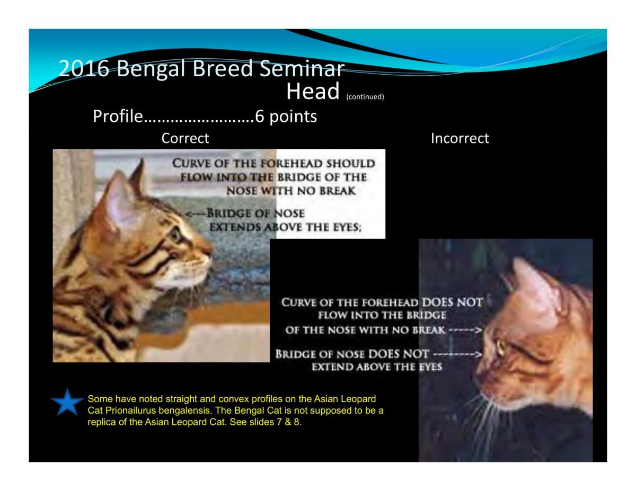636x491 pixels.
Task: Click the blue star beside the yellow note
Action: tap(67, 402)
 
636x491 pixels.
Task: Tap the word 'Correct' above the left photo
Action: tap(185, 138)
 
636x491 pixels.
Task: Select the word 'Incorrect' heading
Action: tap(460, 138)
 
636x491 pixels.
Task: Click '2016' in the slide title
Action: tap(83, 68)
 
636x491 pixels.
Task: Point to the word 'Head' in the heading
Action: tap(313, 91)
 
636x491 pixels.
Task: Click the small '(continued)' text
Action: tap(365, 96)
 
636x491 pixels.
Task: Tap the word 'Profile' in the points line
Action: tap(118, 116)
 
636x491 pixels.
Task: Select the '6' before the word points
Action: tap(260, 116)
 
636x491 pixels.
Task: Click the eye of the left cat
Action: tap(176, 234)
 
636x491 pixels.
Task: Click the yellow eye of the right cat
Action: tap(500, 347)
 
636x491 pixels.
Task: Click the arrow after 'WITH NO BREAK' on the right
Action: tap(465, 330)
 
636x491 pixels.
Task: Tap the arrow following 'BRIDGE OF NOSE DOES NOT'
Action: tap(457, 354)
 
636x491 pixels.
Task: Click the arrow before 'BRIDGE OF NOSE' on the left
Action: tap(196, 214)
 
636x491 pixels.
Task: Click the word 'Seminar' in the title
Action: tap(302, 68)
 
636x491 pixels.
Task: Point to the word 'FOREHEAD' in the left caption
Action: tap(291, 164)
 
